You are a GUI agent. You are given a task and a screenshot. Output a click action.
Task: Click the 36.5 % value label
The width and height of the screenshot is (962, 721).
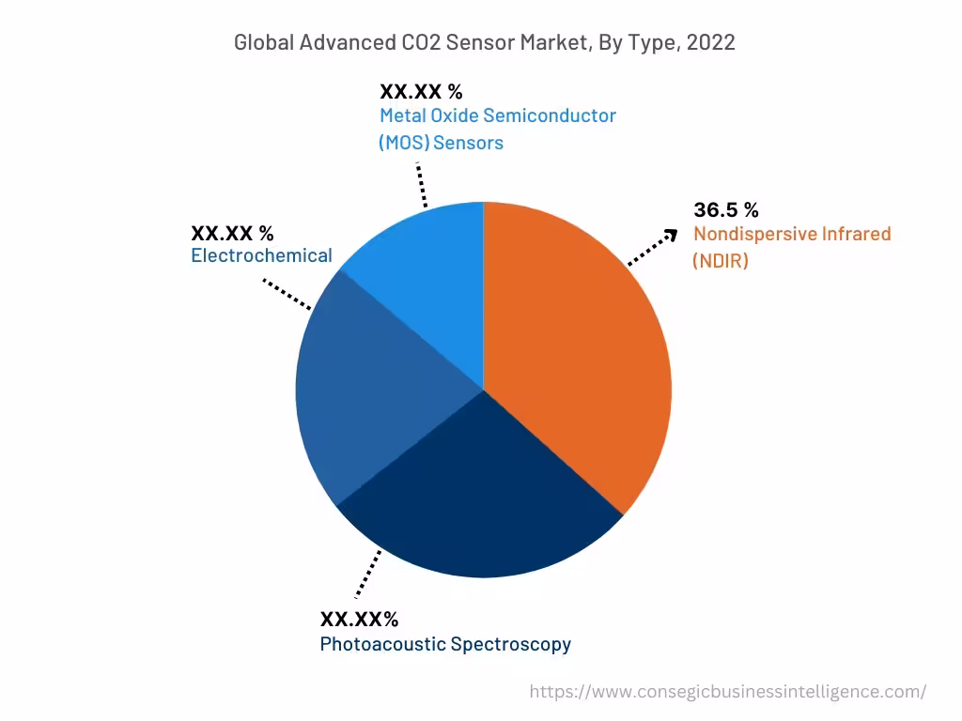click(726, 209)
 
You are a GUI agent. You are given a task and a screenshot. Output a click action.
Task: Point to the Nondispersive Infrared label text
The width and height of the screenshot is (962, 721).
click(792, 234)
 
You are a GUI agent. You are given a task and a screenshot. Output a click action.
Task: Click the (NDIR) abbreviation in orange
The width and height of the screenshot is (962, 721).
click(721, 261)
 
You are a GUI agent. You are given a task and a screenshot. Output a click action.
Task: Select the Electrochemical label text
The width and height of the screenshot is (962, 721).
click(261, 255)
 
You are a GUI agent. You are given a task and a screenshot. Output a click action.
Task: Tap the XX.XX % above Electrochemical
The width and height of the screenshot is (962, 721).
click(232, 232)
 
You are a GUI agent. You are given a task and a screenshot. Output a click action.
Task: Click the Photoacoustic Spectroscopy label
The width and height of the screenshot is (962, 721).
click(445, 644)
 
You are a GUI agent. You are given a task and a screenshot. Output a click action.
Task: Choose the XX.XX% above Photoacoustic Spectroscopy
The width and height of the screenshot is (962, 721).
click(360, 620)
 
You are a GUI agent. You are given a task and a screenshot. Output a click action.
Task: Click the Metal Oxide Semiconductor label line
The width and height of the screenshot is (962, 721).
click(498, 115)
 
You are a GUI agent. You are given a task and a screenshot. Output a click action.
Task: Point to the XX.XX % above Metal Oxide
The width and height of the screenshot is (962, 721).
click(421, 91)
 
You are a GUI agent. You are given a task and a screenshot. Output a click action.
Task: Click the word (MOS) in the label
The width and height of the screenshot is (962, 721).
click(403, 143)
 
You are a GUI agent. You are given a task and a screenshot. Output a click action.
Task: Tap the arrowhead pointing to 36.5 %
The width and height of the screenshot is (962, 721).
click(671, 234)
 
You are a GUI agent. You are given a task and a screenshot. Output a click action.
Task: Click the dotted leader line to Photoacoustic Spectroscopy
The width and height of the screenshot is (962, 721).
click(368, 573)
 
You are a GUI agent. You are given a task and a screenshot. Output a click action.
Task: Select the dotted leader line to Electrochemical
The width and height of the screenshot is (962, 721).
click(287, 294)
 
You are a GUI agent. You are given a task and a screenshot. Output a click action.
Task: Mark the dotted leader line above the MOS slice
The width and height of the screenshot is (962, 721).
click(422, 184)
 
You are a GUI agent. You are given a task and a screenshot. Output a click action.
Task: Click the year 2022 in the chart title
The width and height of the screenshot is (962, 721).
click(711, 42)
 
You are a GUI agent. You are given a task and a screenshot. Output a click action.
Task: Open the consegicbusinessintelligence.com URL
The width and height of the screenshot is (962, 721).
click(727, 692)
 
